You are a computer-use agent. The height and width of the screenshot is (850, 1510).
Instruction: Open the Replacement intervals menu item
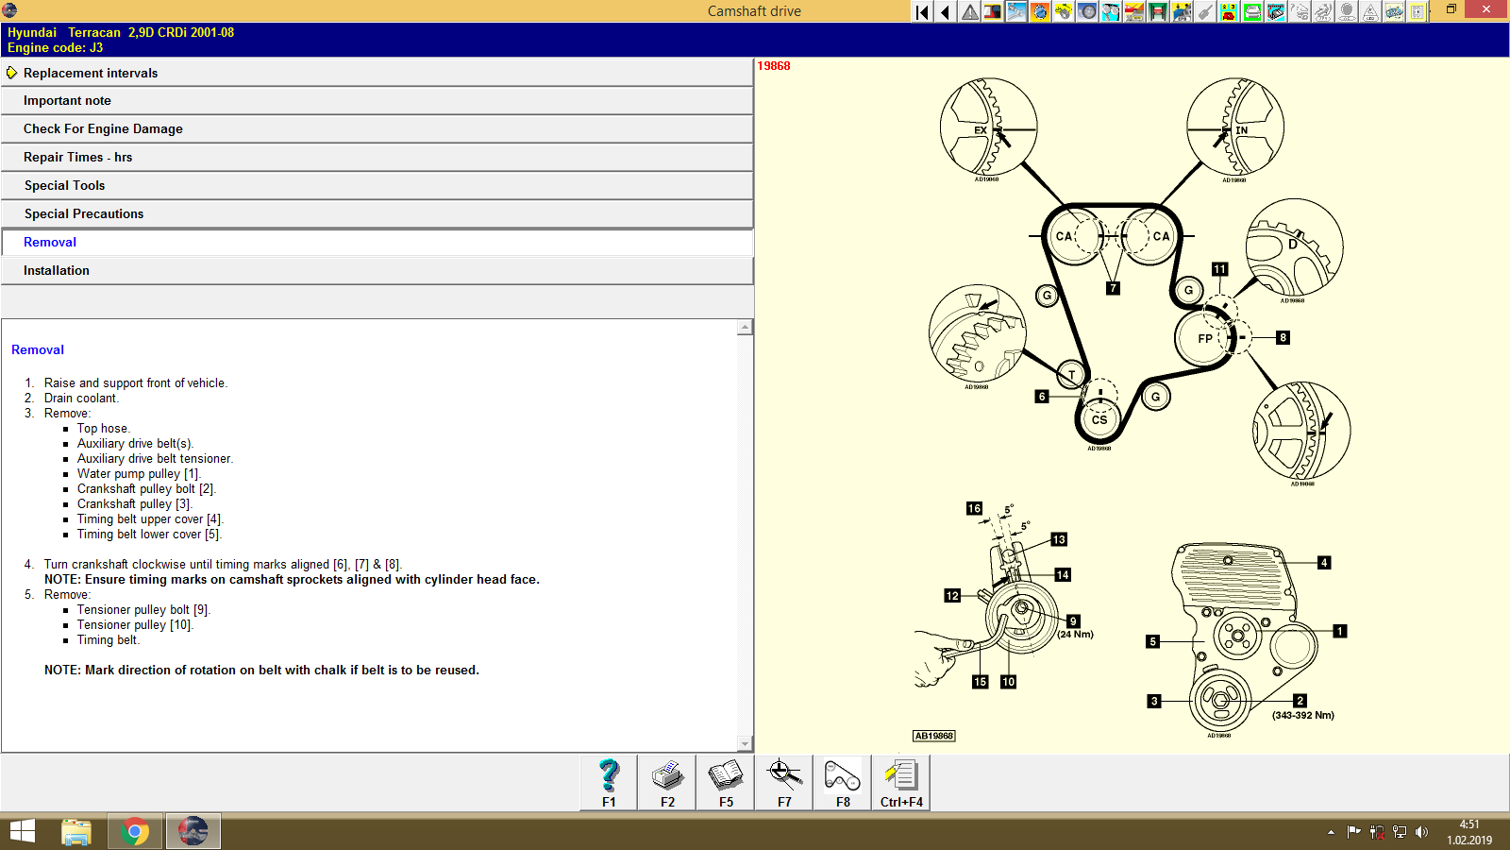tap(91, 73)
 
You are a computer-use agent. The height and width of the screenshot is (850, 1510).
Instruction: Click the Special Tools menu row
tap(64, 186)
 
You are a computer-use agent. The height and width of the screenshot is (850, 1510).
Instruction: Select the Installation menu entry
tap(57, 271)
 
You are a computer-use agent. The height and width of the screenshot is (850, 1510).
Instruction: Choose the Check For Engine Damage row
tap(103, 129)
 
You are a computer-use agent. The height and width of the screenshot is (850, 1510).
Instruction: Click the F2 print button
tap(667, 783)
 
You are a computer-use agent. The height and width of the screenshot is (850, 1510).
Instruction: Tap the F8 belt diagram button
tap(843, 783)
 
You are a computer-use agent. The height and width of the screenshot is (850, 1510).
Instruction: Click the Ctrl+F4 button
tap(901, 783)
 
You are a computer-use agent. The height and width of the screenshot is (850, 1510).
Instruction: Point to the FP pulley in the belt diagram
tap(1204, 338)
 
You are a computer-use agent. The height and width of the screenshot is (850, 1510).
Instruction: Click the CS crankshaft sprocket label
tap(1099, 420)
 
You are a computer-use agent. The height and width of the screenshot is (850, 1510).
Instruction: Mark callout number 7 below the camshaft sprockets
tap(1114, 288)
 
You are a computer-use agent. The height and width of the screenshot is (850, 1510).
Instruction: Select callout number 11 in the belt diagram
tap(1219, 269)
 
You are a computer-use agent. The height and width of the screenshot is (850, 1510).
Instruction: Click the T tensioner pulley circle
tap(1071, 375)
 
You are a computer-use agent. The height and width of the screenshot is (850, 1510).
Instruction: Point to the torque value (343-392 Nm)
tap(1302, 715)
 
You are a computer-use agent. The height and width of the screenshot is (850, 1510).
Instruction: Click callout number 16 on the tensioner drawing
tap(974, 508)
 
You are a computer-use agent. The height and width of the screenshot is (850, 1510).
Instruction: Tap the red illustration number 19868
tap(774, 66)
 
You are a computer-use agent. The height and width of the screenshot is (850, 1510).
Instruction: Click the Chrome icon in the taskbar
tap(135, 832)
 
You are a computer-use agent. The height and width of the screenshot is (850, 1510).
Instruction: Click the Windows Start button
tap(22, 832)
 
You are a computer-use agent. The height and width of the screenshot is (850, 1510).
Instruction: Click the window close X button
tap(1486, 9)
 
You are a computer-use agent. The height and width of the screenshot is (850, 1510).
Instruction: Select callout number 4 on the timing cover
tap(1324, 563)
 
